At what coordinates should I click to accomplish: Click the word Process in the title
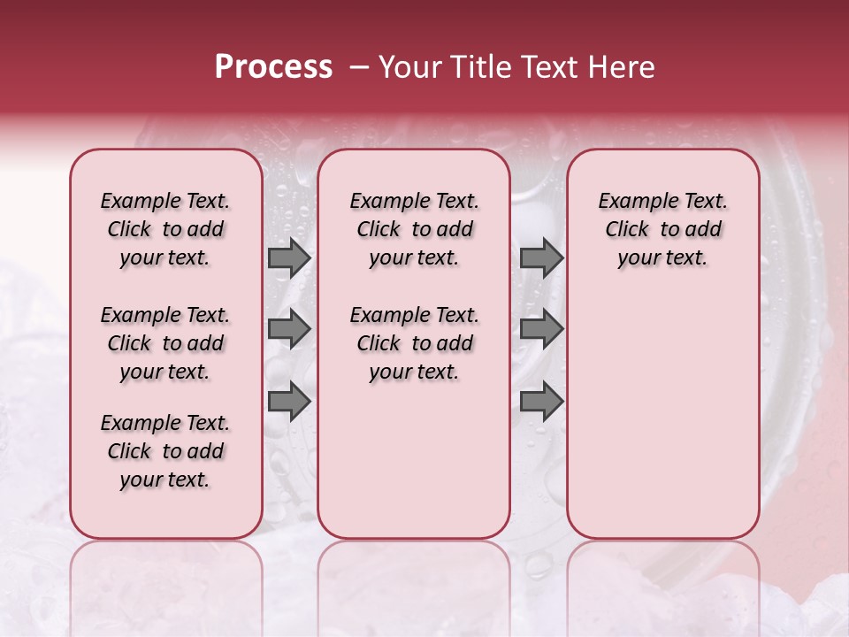[x=273, y=67]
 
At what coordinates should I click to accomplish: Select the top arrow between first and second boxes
[x=289, y=258]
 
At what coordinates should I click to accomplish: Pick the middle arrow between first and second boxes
[x=289, y=330]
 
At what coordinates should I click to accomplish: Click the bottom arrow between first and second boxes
[x=289, y=401]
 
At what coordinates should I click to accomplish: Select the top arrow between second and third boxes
[x=541, y=258]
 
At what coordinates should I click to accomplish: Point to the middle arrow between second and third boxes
[x=541, y=330]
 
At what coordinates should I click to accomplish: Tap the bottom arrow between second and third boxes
[x=541, y=401]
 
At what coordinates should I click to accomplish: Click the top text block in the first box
[x=165, y=229]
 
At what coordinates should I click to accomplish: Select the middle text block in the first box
[x=165, y=343]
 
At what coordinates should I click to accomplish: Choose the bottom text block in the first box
[x=165, y=451]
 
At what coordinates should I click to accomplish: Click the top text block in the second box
[x=414, y=229]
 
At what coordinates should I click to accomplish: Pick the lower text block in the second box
[x=414, y=343]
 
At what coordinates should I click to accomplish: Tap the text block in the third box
[x=663, y=229]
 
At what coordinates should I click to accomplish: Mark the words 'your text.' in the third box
[x=663, y=258]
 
